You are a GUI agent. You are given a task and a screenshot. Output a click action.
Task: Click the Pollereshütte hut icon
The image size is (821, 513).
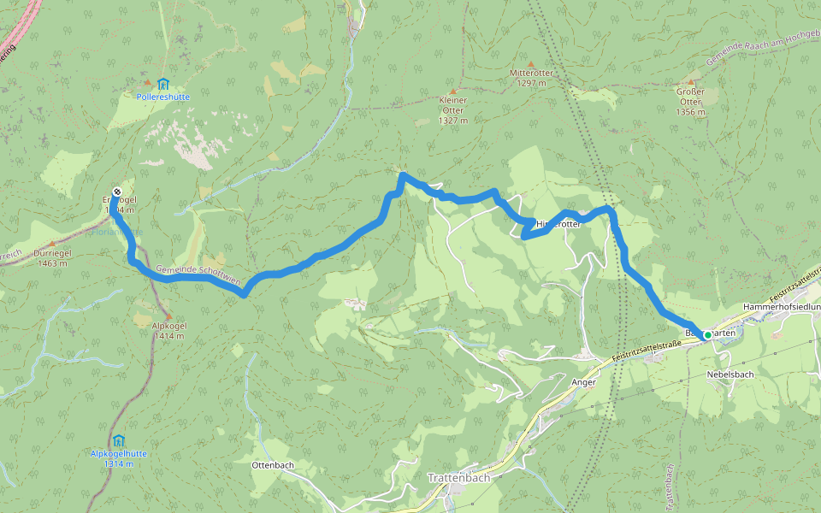(162, 84)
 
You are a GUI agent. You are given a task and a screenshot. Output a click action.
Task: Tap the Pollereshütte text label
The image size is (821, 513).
(162, 97)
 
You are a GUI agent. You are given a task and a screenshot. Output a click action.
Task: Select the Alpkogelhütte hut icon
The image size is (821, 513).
(118, 439)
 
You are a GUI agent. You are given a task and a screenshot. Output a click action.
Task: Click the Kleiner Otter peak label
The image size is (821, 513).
(452, 110)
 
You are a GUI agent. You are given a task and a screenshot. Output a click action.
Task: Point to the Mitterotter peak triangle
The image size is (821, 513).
(530, 64)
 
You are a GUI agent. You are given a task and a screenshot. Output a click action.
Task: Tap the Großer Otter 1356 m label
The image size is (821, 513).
(690, 102)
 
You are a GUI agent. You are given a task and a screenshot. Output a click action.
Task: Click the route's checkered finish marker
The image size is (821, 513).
(116, 192)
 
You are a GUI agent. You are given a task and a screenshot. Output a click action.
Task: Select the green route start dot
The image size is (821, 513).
(707, 335)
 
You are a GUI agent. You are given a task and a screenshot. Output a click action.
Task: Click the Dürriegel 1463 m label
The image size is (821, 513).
(52, 258)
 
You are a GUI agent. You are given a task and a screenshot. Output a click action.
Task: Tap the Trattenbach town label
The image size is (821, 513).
(458, 478)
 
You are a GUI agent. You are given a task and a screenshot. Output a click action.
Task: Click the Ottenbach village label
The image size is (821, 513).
(274, 465)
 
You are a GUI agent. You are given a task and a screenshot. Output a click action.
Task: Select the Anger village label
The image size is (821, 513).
(582, 382)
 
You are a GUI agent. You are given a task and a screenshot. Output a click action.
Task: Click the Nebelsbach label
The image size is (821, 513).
(729, 374)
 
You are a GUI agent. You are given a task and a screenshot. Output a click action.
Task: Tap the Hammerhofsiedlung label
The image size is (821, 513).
(782, 306)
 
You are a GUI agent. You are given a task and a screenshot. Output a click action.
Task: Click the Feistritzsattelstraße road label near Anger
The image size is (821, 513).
(647, 350)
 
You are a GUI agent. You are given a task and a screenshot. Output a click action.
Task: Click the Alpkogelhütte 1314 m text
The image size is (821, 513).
(118, 458)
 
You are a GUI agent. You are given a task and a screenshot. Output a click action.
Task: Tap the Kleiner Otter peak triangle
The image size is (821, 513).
(452, 90)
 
